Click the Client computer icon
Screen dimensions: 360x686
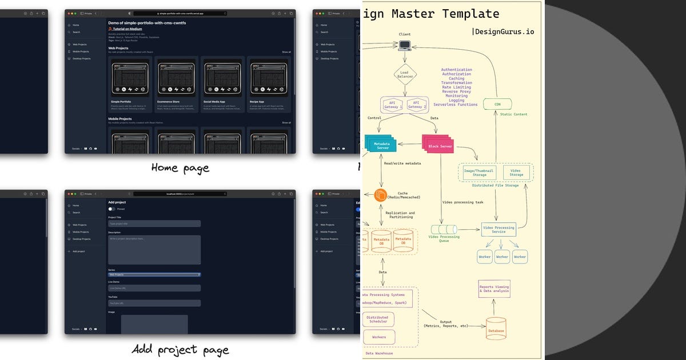405,45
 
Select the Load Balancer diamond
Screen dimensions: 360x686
405,74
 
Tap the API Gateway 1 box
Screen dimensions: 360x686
393,105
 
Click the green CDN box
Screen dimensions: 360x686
497,104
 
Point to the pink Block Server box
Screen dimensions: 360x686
438,146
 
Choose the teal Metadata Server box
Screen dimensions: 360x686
381,145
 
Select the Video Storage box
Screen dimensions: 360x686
516,172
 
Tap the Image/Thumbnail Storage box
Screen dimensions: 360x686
480,172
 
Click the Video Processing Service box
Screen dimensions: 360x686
498,230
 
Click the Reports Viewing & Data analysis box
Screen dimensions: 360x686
494,289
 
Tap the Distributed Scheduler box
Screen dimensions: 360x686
377,319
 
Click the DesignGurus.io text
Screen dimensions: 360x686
503,31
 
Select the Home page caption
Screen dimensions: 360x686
180,168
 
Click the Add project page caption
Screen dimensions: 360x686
180,350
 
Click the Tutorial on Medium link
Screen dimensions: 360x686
126,29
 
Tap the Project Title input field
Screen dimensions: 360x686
154,224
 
